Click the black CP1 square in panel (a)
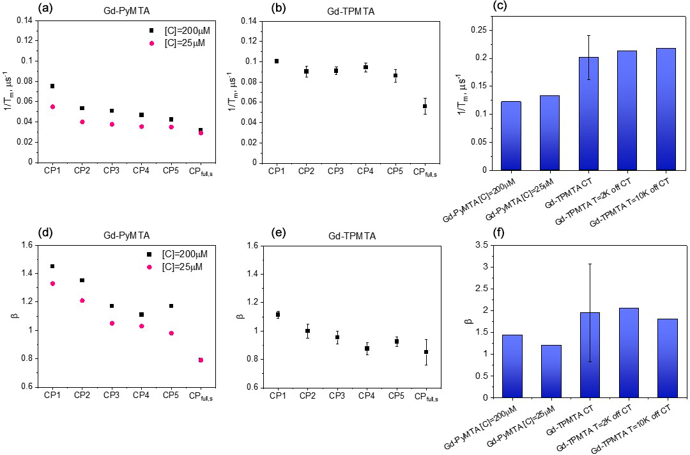click(x=52, y=86)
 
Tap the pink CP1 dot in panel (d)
click(x=52, y=283)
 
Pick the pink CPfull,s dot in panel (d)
click(x=201, y=360)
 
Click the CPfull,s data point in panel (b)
click(x=425, y=106)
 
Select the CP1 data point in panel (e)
click(x=277, y=314)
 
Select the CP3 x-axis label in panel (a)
click(x=111, y=171)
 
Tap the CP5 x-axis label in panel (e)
click(x=395, y=395)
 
